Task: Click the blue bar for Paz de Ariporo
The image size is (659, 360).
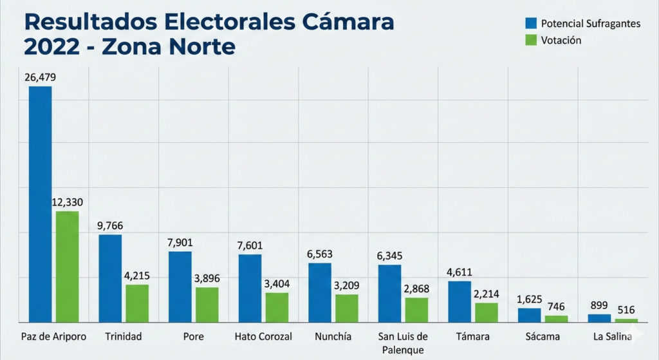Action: (x=40, y=204)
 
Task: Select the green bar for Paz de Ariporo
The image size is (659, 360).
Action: (x=67, y=267)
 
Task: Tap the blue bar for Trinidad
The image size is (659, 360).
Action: (x=110, y=278)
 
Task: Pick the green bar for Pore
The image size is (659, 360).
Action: (x=207, y=305)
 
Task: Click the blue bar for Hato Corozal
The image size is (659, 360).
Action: (x=250, y=288)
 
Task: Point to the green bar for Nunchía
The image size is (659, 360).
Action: (x=347, y=308)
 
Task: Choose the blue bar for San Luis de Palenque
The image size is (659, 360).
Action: (x=389, y=293)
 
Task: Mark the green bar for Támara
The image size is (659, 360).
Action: (x=487, y=312)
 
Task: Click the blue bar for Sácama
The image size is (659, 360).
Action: (x=530, y=315)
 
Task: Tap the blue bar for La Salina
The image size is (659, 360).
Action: (x=599, y=318)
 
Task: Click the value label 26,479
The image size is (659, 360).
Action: (x=40, y=77)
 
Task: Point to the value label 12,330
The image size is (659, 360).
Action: (x=67, y=202)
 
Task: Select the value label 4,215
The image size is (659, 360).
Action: (x=137, y=276)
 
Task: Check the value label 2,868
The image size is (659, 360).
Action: (x=416, y=289)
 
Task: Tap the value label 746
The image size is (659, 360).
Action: (x=557, y=307)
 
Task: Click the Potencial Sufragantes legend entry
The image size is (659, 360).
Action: (x=589, y=23)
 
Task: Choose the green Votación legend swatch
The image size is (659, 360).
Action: (x=531, y=40)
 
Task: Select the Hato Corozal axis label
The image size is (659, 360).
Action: (x=263, y=337)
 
